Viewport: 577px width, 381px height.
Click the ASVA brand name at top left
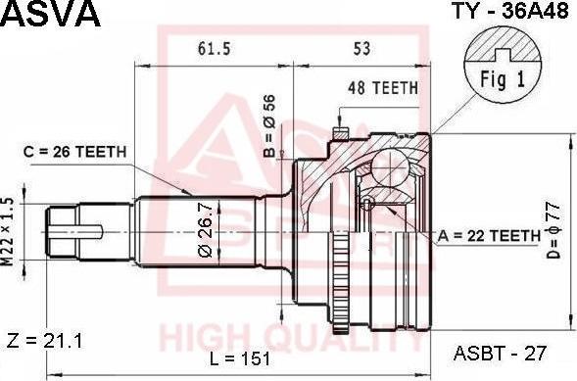pyautogui.click(x=50, y=15)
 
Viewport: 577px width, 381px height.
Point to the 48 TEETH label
pyautogui.click(x=383, y=87)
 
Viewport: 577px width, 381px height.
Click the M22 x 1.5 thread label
pyautogui.click(x=8, y=231)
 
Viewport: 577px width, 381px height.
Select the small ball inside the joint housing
pyautogui.click(x=366, y=203)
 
